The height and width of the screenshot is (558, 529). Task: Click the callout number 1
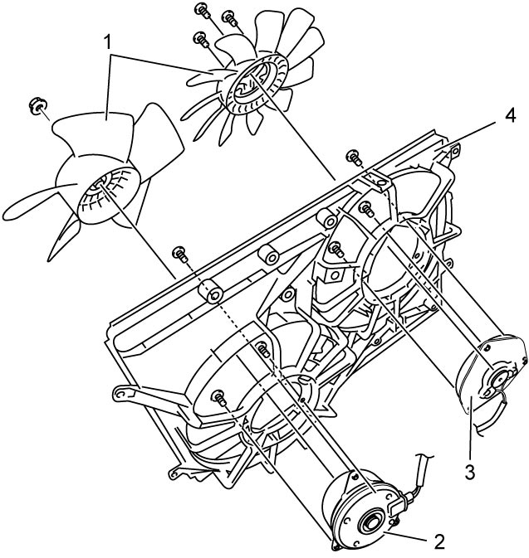(107, 43)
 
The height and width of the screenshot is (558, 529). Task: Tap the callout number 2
(439, 542)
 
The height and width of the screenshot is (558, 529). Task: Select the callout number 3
(470, 473)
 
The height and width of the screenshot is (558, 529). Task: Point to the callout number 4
(510, 115)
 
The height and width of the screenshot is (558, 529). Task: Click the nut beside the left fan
(38, 105)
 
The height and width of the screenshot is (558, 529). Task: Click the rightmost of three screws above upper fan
(230, 18)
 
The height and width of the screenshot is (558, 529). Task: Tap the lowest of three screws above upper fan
(201, 39)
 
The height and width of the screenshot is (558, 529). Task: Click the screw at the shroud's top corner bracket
(355, 157)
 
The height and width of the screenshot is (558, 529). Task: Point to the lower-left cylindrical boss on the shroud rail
(211, 292)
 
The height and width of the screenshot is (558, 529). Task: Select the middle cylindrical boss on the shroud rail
(270, 255)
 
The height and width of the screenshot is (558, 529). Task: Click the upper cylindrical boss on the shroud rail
(327, 218)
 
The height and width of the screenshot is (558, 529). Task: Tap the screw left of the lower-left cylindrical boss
(180, 254)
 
